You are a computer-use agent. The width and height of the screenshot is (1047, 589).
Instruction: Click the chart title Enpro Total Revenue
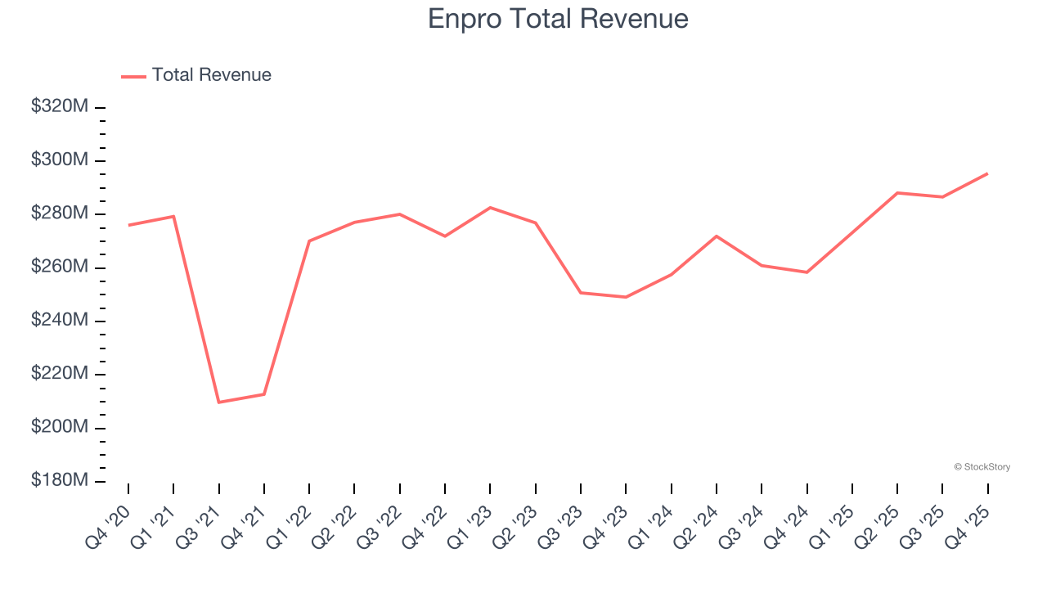(558, 19)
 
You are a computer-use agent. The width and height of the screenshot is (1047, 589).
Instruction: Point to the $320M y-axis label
(60, 106)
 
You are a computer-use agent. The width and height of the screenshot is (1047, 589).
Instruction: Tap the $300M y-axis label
(60, 160)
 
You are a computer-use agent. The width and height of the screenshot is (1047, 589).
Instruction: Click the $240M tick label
(60, 320)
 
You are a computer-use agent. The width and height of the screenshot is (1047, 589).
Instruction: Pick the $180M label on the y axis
(60, 480)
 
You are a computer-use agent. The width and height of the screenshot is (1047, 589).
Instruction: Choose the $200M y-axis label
(60, 427)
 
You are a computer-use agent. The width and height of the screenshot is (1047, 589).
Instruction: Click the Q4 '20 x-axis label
(108, 524)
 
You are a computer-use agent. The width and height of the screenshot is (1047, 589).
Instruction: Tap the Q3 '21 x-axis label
(199, 524)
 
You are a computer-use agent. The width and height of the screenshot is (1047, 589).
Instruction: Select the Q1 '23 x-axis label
(470, 524)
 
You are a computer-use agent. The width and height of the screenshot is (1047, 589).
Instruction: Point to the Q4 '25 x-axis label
(968, 524)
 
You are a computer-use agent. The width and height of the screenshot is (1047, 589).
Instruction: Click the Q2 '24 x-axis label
(696, 524)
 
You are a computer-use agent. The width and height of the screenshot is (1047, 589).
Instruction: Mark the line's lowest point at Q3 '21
(219, 402)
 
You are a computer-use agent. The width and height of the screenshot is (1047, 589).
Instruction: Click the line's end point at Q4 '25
(987, 173)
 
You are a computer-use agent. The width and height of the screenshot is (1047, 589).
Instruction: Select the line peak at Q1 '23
(490, 208)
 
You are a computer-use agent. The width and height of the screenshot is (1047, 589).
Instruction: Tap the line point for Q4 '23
(626, 297)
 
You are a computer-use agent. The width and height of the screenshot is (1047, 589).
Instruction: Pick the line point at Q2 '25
(897, 193)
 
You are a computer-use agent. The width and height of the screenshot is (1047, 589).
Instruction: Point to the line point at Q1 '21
(173, 216)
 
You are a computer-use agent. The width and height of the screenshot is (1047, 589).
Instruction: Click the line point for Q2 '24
(717, 236)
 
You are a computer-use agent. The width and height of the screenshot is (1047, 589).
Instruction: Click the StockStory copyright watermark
(982, 467)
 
